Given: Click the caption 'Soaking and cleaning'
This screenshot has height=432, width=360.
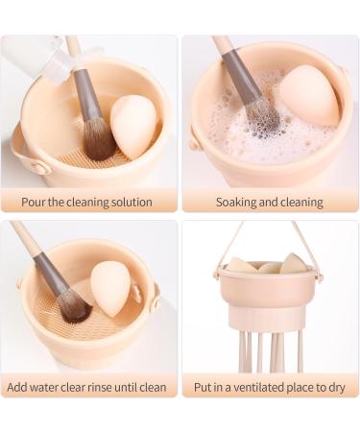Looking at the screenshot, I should point(269,202).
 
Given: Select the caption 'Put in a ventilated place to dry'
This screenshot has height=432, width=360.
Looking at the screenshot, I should point(269,387).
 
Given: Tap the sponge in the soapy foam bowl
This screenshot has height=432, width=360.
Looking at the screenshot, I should point(308,95).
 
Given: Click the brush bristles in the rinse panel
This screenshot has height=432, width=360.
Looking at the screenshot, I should point(72,305).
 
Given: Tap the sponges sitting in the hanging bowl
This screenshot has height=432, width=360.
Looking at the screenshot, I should point(269,264).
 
